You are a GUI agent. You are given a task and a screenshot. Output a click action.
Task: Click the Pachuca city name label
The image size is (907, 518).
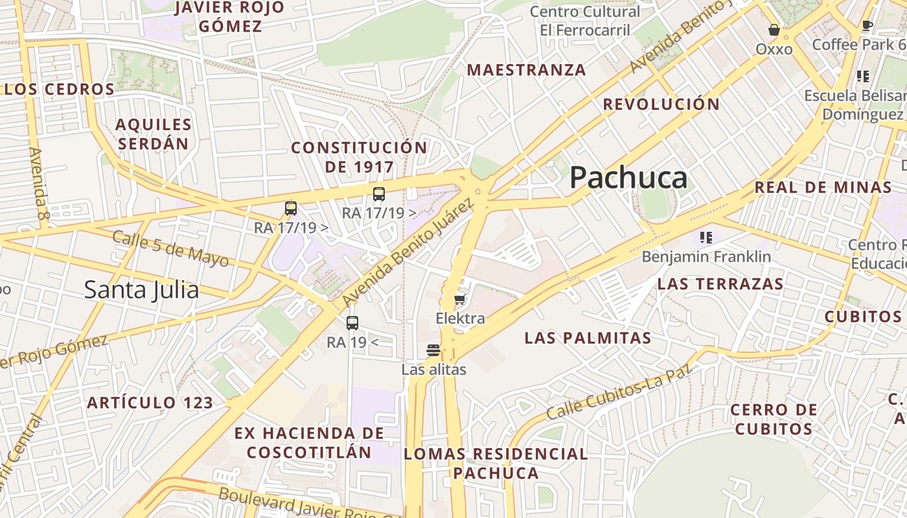tap(628, 177)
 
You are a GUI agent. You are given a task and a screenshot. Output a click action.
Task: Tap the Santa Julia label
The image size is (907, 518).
tap(141, 289)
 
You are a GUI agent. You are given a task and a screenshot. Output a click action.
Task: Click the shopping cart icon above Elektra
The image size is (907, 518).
tap(460, 299)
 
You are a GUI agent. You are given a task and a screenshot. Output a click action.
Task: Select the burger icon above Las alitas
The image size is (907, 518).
tap(433, 351)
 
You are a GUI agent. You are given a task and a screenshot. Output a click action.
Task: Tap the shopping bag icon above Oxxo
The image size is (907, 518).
tap(774, 30)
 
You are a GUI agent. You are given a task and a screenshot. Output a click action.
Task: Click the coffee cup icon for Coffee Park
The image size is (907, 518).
tap(867, 26)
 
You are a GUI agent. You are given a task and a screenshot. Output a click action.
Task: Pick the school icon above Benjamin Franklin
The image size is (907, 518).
tap(706, 238)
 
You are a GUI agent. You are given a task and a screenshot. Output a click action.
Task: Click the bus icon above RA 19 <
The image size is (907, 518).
tap(352, 322)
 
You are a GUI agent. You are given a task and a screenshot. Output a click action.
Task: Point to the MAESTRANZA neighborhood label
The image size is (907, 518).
tap(526, 70)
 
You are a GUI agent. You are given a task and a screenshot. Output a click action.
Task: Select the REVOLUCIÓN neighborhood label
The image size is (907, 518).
tap(661, 104)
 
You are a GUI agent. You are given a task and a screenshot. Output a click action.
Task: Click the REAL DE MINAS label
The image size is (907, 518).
tap(823, 188)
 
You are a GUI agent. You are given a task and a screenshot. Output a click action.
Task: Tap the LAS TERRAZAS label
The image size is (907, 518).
tap(720, 284)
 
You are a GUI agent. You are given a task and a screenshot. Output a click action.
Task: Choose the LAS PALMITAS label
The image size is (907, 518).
tap(588, 338)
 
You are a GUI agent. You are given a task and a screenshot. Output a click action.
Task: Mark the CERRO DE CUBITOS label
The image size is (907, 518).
tap(774, 420)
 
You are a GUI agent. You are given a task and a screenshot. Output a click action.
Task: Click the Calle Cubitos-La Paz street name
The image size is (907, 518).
tap(619, 391)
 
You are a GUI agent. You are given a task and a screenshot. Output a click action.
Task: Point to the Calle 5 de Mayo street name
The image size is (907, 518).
tap(170, 248)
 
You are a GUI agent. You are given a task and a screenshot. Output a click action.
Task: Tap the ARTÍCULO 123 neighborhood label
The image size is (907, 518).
tap(150, 403)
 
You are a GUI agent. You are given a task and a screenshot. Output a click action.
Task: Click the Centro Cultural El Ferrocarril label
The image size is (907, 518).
tap(584, 21)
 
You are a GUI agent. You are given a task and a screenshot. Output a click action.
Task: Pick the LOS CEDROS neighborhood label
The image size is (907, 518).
tap(59, 89)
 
